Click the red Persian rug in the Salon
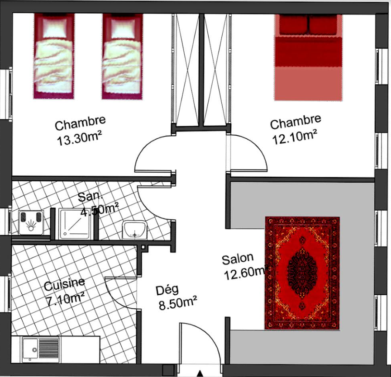point(302,273)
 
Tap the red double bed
point(308,57)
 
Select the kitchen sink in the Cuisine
point(41,349)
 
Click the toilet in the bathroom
point(31,222)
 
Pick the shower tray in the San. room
point(74,224)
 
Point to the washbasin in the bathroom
point(134,230)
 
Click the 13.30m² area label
point(79,139)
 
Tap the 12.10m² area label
point(295,137)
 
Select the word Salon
point(238,259)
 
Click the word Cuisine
point(64,285)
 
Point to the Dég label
point(167,290)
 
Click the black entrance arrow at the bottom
point(200,374)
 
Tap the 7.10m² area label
point(66,299)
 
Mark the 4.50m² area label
point(99,210)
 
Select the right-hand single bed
point(122,56)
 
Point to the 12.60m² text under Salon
point(245,273)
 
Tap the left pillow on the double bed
point(294,25)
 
